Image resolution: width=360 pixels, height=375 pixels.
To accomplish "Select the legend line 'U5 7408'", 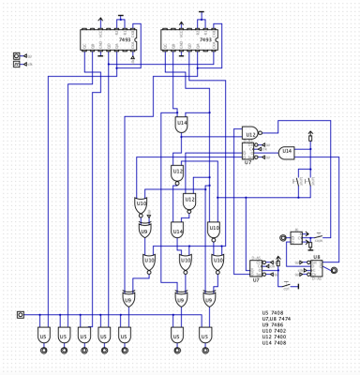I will pos(275,313).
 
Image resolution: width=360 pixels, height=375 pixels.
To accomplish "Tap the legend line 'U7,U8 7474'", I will pos(278,321).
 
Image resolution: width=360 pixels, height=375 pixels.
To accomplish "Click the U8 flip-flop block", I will pos(315,267).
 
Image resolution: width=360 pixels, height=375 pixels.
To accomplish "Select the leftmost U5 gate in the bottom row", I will pos(43,335).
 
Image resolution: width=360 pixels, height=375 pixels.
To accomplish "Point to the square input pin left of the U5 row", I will pos(21,315).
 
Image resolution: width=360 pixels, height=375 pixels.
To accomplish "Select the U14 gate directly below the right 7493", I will pos(181,123).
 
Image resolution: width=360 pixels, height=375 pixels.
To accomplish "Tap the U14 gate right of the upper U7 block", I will pos(286,151).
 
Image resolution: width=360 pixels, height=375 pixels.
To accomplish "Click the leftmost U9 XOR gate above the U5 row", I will pos(127,299).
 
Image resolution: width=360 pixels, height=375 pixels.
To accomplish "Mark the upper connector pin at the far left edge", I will pos(17,57).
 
